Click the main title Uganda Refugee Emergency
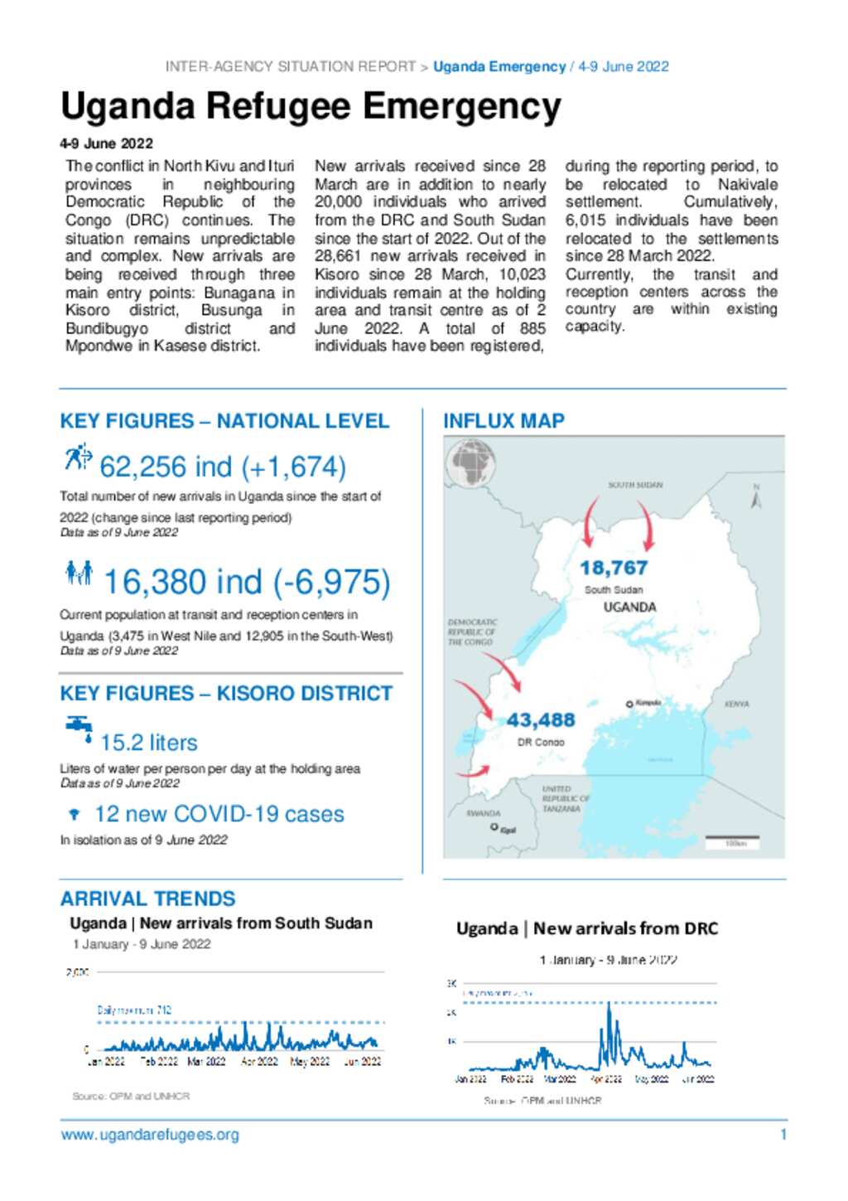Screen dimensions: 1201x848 pyautogui.click(x=311, y=108)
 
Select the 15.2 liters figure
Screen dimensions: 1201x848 pyautogui.click(x=149, y=743)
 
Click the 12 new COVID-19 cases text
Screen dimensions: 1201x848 pyautogui.click(x=219, y=814)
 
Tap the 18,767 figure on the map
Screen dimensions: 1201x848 pyautogui.click(x=613, y=568)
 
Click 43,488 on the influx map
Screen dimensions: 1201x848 pyautogui.click(x=540, y=720)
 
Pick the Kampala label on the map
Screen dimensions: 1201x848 pyautogui.click(x=648, y=703)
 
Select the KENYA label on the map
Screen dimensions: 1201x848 pyautogui.click(x=736, y=704)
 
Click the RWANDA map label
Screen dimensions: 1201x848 pyautogui.click(x=483, y=813)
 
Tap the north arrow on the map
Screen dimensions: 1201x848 pyautogui.click(x=755, y=497)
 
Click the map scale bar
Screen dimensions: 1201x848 pyautogui.click(x=733, y=841)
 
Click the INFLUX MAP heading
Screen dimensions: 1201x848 pyautogui.click(x=503, y=421)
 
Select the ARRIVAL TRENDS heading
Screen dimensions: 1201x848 pyautogui.click(x=147, y=898)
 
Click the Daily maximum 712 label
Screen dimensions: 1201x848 pyautogui.click(x=134, y=1010)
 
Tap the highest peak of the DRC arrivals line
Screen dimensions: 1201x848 pyautogui.click(x=609, y=1005)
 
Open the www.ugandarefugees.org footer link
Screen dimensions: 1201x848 pyautogui.click(x=150, y=1135)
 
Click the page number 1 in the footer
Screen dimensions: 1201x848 pyautogui.click(x=783, y=1135)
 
